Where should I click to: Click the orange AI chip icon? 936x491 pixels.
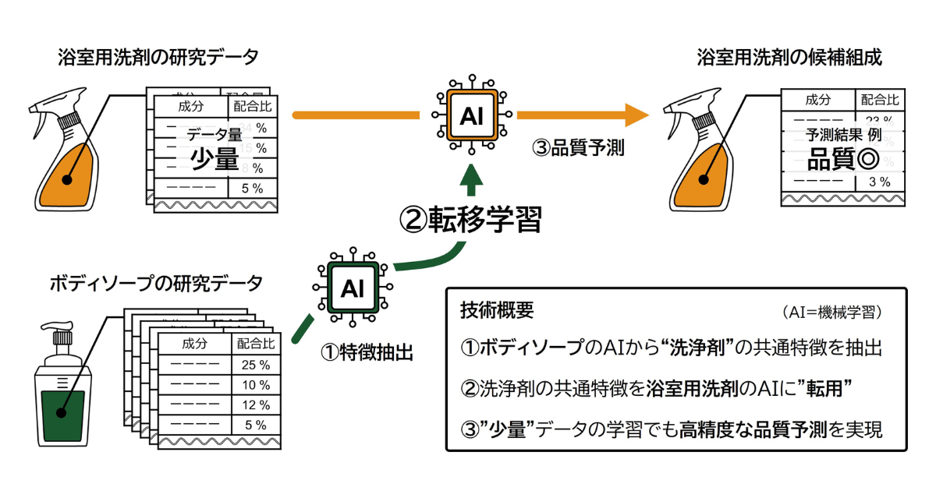[471, 115]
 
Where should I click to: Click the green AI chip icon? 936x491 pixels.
[353, 288]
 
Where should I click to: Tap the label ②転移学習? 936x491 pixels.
[470, 220]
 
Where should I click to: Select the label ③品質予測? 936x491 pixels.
[578, 148]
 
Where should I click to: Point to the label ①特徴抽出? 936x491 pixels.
[367, 352]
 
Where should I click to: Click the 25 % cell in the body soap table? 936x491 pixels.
[256, 364]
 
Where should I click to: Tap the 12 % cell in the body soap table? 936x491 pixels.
[256, 404]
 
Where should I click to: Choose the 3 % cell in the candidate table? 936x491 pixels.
[879, 182]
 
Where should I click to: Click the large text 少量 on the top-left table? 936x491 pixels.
[214, 158]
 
